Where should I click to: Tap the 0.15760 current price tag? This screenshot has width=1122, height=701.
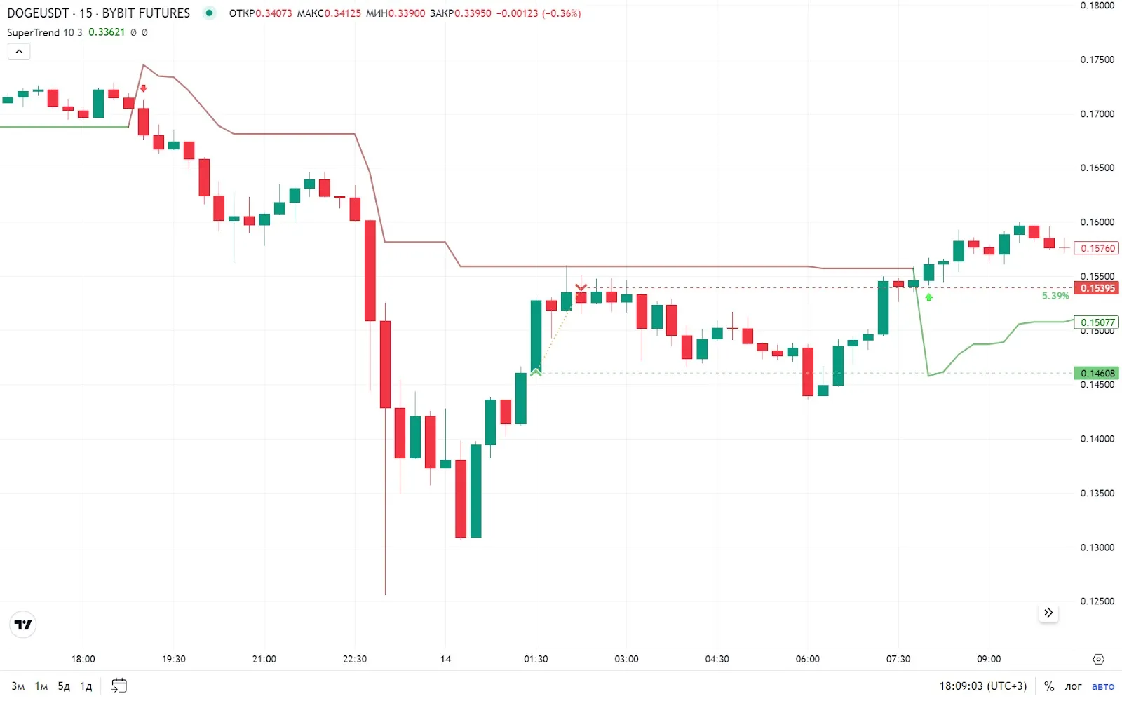[x=1097, y=248]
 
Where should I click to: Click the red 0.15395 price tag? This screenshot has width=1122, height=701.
[x=1097, y=288]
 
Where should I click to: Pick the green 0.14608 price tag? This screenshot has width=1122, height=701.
[x=1097, y=374]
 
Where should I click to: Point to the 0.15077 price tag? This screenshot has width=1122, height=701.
[x=1097, y=322]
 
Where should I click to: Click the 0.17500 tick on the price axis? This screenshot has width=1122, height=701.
[x=1097, y=60]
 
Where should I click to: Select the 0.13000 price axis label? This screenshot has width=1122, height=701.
[x=1097, y=547]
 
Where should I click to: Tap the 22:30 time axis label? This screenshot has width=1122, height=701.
[x=355, y=659]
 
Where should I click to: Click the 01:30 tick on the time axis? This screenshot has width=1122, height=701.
[x=536, y=659]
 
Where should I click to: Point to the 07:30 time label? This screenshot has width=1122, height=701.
[x=898, y=659]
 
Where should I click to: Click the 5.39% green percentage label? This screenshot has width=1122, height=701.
[x=1055, y=296]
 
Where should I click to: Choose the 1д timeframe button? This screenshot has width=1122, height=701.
[x=86, y=686]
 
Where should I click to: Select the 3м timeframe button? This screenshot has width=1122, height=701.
[x=18, y=686]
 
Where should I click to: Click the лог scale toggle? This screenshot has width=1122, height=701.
[x=1073, y=686]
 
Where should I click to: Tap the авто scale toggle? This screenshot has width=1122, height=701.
[x=1102, y=686]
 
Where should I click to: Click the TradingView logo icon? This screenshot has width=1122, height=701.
[x=23, y=625]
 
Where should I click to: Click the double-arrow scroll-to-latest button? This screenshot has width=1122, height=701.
[x=1048, y=613]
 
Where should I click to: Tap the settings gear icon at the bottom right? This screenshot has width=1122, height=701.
[x=1098, y=659]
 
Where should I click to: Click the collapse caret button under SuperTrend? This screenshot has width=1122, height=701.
[x=19, y=51]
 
